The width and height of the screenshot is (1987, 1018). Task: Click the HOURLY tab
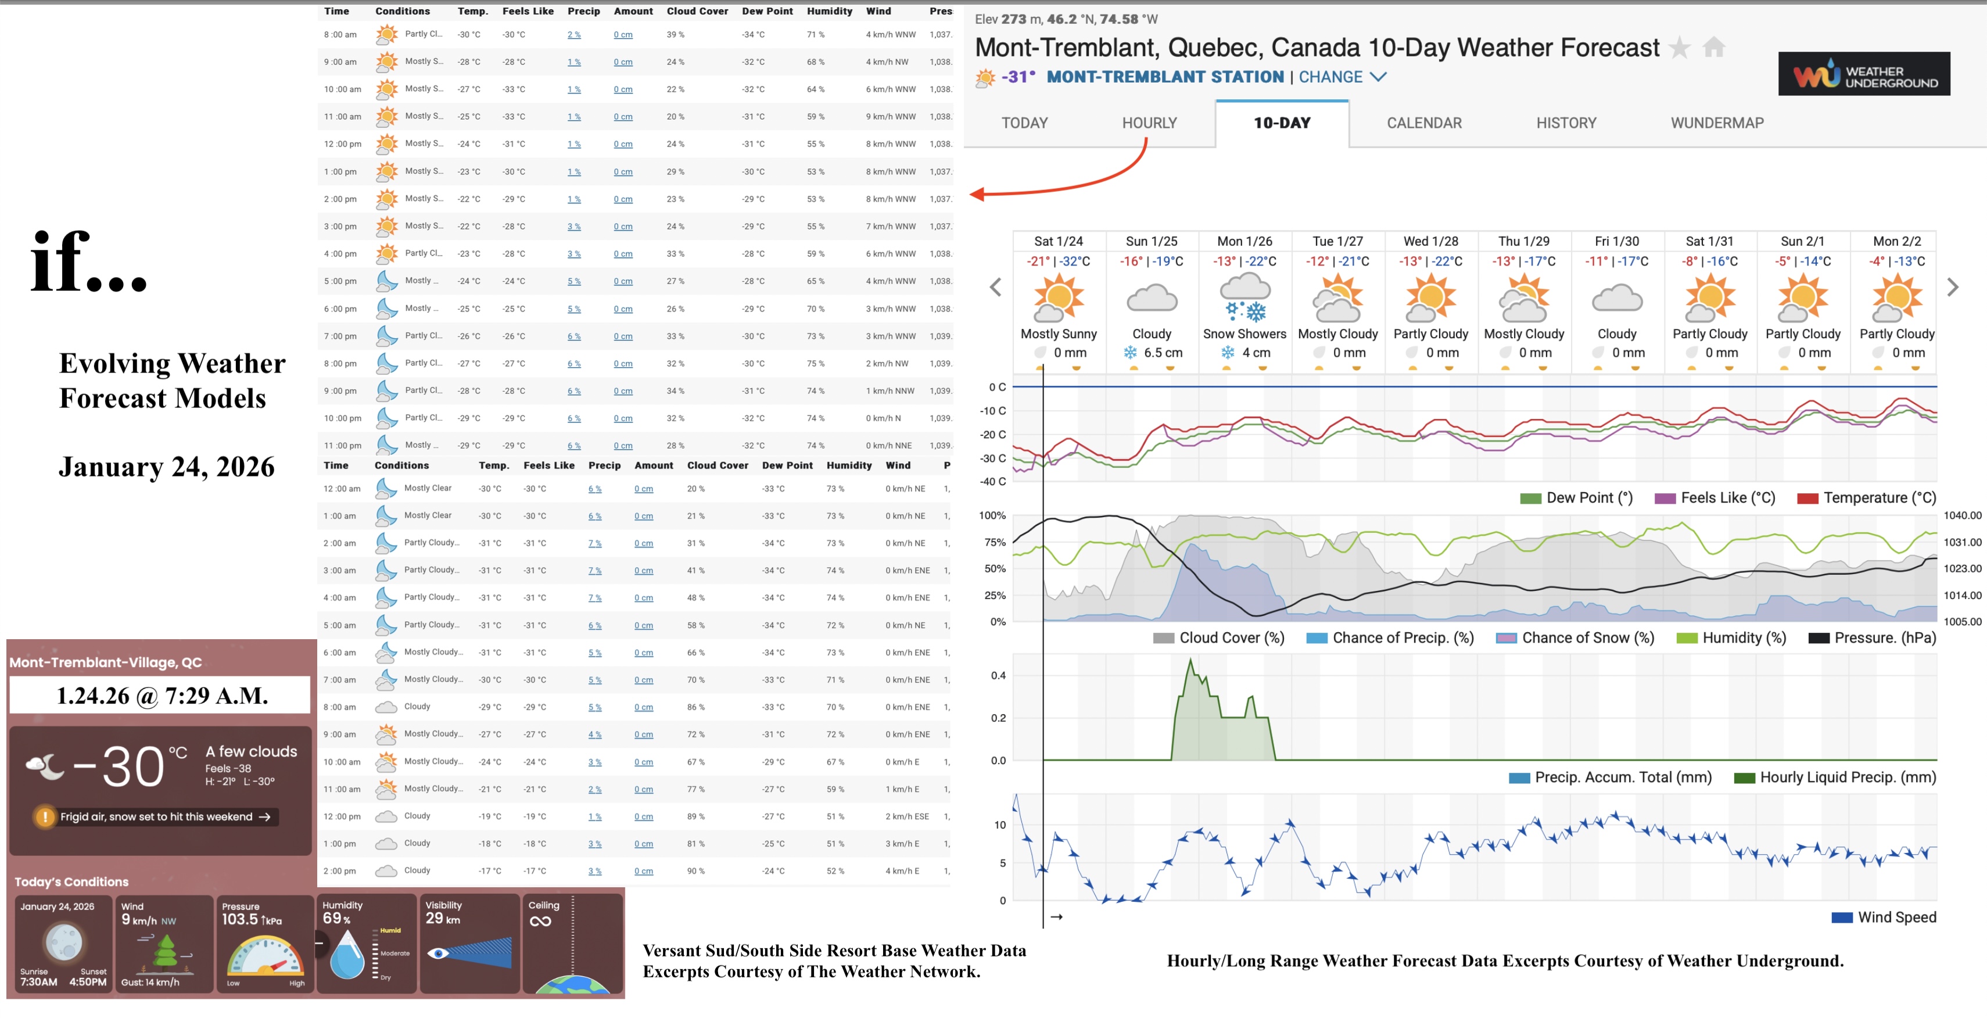1149,123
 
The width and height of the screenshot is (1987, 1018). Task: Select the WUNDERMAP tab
1716,123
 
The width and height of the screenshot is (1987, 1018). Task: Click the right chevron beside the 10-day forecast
1952,288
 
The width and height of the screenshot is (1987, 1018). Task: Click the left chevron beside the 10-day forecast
996,288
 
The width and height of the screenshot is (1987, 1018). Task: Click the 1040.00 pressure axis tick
1961,515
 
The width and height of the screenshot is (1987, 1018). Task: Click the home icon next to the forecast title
1713,48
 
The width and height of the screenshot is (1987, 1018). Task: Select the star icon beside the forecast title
1678,48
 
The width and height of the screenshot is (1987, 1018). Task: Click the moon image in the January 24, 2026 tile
63,942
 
